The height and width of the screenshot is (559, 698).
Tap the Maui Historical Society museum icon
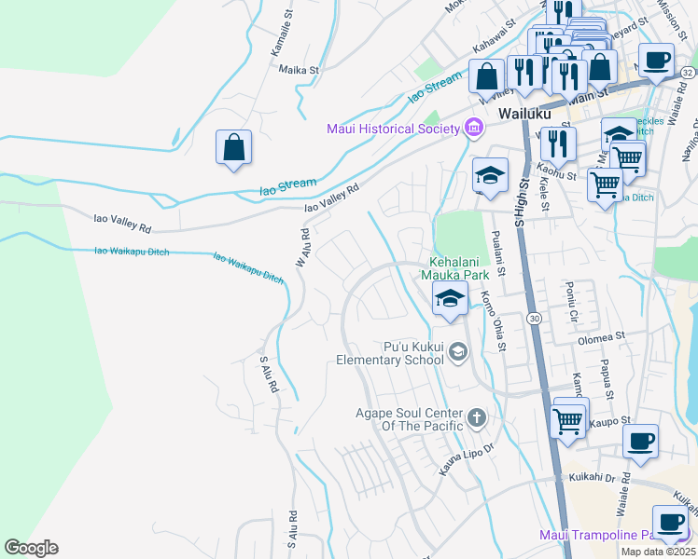tap(474, 127)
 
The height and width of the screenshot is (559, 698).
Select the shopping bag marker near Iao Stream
tap(233, 148)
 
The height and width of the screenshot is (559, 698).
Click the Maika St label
tap(299, 69)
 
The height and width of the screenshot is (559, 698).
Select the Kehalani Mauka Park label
tap(459, 268)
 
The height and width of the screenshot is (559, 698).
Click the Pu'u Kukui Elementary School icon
tap(457, 351)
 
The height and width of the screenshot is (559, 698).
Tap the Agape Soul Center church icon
tap(477, 417)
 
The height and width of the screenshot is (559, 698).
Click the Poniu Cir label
tap(572, 302)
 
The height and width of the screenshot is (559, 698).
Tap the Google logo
tap(31, 548)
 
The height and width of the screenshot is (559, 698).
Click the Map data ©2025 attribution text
tap(658, 552)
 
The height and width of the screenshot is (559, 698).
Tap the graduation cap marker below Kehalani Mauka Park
tap(450, 300)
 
